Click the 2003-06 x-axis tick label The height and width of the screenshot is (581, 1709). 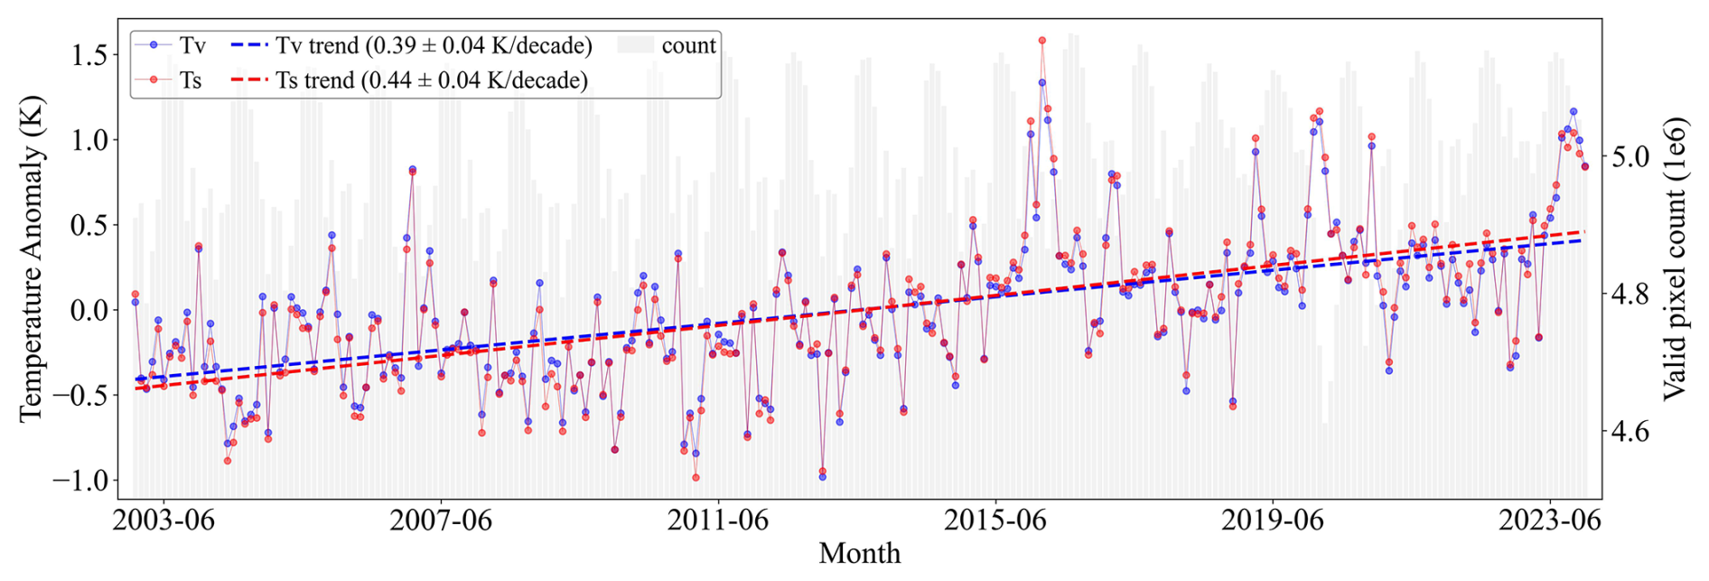163,520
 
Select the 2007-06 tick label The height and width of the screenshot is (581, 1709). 441,520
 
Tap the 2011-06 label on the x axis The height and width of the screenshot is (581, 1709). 718,520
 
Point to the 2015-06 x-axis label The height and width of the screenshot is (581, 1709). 995,520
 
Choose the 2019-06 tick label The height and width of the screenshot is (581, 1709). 1273,520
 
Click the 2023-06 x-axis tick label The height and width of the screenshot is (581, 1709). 1550,520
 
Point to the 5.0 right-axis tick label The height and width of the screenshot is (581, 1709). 1630,156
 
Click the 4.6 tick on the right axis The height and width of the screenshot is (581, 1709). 1630,431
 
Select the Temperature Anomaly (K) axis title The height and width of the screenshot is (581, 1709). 31,258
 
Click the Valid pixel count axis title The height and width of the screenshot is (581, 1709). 1675,258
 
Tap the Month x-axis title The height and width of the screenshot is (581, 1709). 859,553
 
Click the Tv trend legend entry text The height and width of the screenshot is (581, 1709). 434,45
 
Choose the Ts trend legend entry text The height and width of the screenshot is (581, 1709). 432,80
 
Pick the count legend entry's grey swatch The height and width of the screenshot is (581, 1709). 635,45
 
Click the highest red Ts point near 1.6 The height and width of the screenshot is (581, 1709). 1041,41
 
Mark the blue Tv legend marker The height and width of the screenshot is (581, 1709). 154,44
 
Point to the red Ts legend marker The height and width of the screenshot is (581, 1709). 154,80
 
